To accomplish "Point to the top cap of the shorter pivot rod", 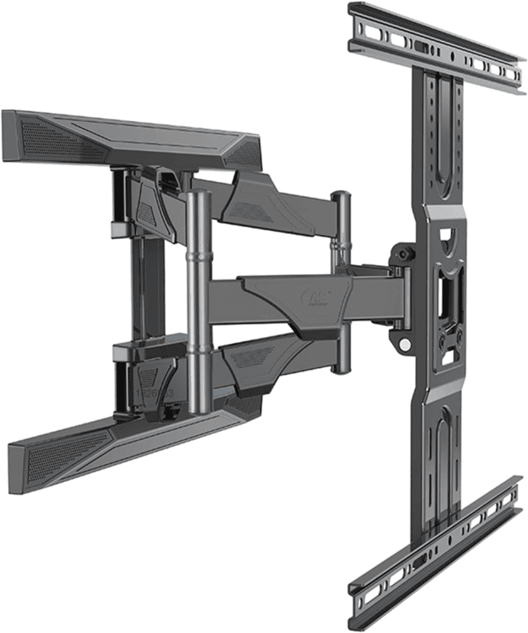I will [341, 196].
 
